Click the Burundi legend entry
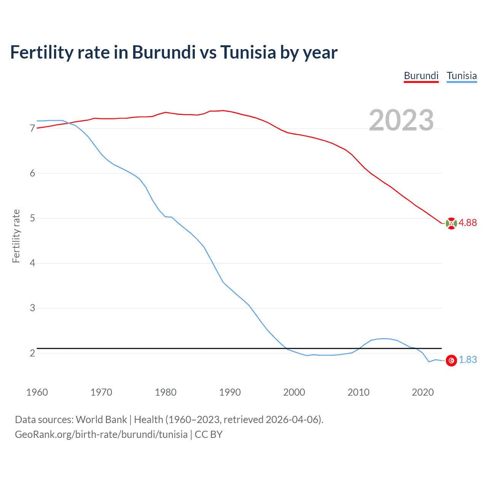(x=421, y=76)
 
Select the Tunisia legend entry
(x=462, y=76)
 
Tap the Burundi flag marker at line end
(x=451, y=223)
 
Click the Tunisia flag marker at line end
(x=451, y=360)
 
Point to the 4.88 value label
(x=468, y=223)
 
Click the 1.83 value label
(x=468, y=360)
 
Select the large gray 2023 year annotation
(x=401, y=120)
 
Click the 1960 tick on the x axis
(x=37, y=392)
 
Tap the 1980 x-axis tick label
(x=166, y=392)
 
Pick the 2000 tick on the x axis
(x=294, y=392)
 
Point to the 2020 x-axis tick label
(x=423, y=392)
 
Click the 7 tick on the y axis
(x=32, y=129)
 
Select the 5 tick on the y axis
(x=32, y=218)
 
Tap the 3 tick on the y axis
(x=32, y=308)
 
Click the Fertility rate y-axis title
(x=16, y=236)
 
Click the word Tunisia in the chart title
(x=248, y=53)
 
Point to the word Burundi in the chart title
(x=164, y=53)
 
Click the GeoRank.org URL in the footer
(x=101, y=434)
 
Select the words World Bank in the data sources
(x=101, y=420)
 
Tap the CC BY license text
(x=208, y=434)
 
